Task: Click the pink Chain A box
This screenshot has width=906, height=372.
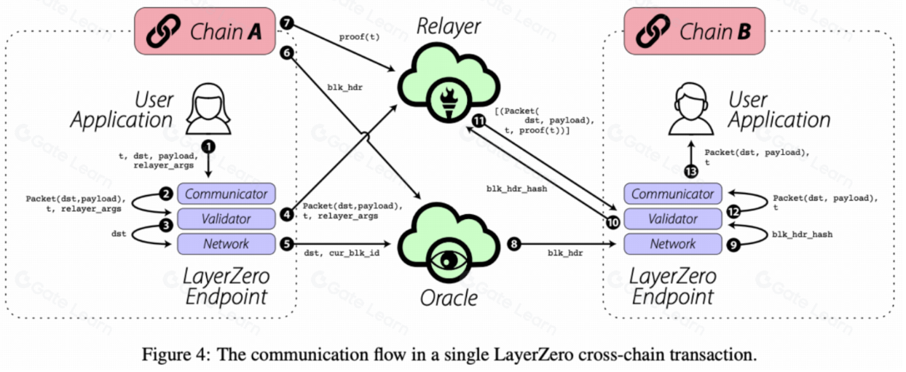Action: coord(205,31)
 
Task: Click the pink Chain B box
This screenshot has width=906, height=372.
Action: coord(694,31)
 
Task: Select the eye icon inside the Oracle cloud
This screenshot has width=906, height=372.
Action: coord(448,261)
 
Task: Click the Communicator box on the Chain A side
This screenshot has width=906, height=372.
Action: coord(226,194)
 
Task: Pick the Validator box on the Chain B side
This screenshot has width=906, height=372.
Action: coord(673,218)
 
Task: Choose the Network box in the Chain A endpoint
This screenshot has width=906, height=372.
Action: coord(226,244)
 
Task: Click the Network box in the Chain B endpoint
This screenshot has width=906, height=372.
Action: coord(673,244)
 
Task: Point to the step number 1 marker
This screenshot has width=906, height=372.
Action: coord(208,146)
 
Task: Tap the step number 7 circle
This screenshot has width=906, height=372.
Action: coord(286,23)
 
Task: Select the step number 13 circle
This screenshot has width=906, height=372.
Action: coord(691,172)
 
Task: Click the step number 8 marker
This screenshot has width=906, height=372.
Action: coord(513,244)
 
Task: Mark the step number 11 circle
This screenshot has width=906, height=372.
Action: coord(479,121)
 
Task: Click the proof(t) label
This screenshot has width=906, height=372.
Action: coord(359,37)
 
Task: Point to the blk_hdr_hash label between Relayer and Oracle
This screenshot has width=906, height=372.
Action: coord(516,189)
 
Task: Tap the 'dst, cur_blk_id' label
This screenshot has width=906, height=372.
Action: coord(342,253)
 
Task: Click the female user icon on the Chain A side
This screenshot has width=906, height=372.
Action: coord(208,108)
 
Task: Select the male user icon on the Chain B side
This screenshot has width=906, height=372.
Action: coord(691,108)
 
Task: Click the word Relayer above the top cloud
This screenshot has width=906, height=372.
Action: coord(448,26)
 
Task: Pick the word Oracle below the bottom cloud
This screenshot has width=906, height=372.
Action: coord(449,298)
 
